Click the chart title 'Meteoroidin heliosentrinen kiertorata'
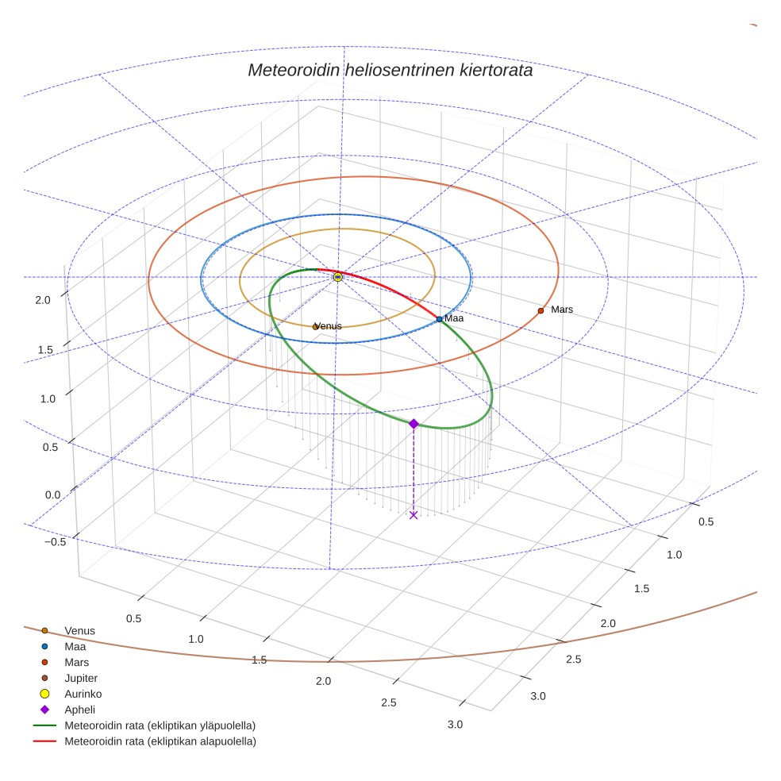click(390, 70)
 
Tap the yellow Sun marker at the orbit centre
click(338, 276)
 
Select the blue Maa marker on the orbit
click(440, 319)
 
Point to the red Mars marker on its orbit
click(541, 310)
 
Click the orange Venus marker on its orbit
click(316, 326)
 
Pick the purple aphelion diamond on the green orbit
click(414, 424)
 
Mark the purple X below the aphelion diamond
click(414, 515)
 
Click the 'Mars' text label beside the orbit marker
click(562, 309)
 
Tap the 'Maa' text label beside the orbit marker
click(453, 318)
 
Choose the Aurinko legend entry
click(83, 694)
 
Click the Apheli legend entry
click(79, 710)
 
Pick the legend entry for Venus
click(79, 631)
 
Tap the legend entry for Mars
click(76, 662)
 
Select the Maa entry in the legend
click(75, 647)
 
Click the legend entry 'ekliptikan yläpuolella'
click(160, 725)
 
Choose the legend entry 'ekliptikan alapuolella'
click(160, 741)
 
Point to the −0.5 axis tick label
click(55, 542)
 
